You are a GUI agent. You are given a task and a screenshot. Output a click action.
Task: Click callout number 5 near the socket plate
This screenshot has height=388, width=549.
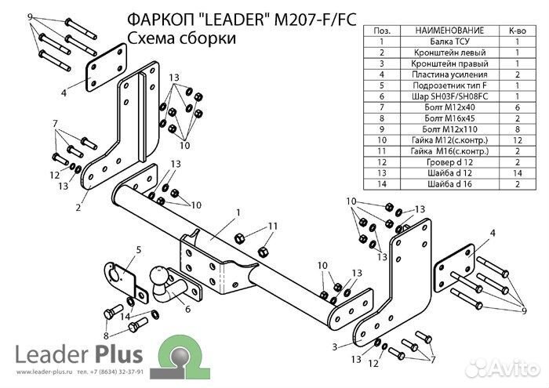(x=137, y=250)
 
